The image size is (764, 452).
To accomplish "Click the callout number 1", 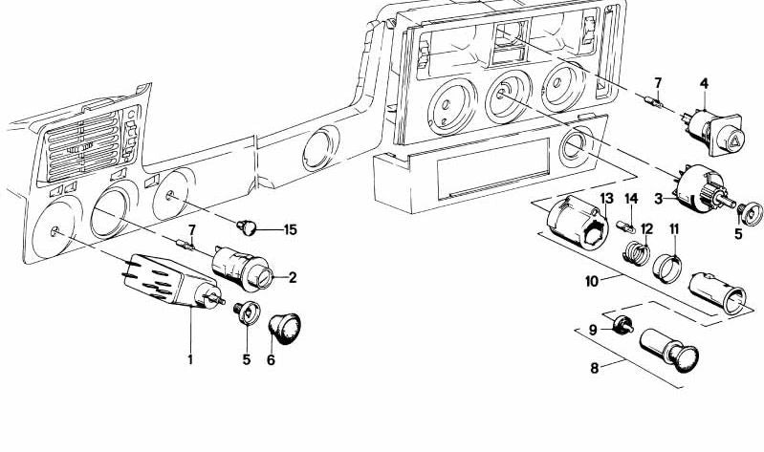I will pos(190,359).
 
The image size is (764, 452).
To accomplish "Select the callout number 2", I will pos(293,278).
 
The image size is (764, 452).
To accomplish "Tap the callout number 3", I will pos(658,198).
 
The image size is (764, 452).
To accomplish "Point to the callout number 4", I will pos(704,85).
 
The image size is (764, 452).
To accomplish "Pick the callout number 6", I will pos(271,360).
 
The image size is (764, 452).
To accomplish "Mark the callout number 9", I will pos(593,329).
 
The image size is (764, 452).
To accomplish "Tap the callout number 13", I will pos(604,198).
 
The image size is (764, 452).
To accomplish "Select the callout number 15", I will pos(291,230).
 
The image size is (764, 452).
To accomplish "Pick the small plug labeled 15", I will pos(246,227).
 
